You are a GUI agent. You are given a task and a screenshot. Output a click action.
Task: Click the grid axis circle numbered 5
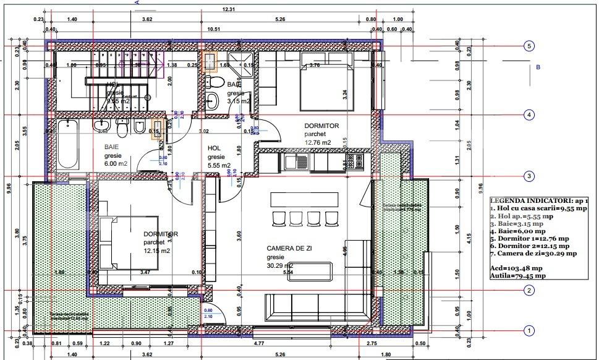point(529,46)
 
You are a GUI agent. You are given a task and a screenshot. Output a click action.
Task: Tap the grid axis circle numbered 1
point(529,331)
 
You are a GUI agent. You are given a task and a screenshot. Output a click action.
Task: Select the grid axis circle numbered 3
point(529,176)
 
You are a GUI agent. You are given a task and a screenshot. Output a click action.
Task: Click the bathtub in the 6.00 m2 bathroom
point(67,144)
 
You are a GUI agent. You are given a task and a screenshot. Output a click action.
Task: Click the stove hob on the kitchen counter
point(355,161)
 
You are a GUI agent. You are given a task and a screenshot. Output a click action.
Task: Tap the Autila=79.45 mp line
point(517,276)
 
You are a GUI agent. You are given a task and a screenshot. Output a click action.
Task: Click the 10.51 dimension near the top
point(214,28)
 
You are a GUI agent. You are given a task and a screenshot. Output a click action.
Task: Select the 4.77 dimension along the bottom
point(278,342)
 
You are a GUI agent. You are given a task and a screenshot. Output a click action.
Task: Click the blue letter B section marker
point(538,67)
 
